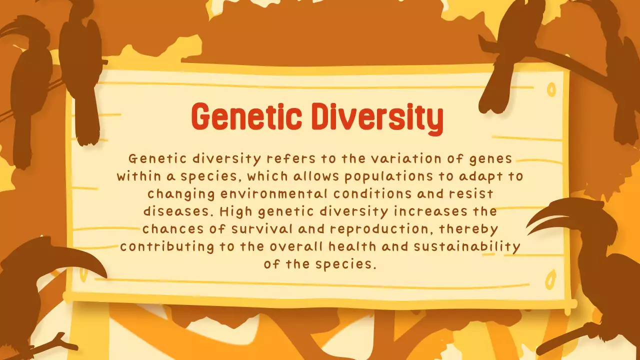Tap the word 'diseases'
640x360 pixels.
point(178,211)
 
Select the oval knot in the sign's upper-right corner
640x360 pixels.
point(551,89)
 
